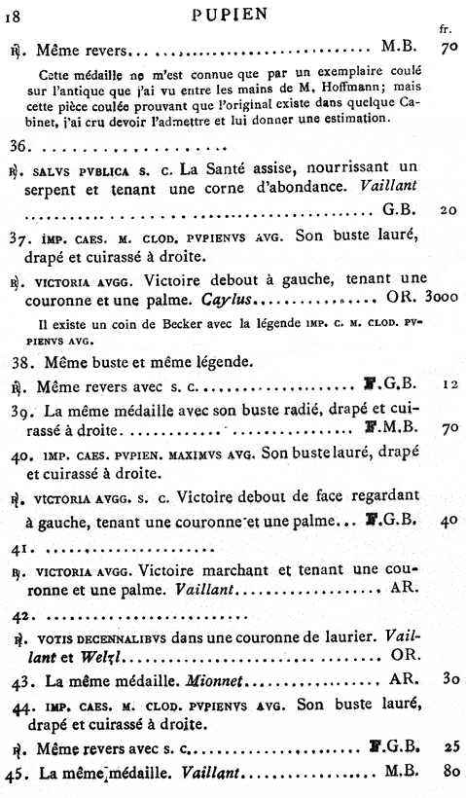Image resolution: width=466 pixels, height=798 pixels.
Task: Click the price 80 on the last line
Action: point(447,775)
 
